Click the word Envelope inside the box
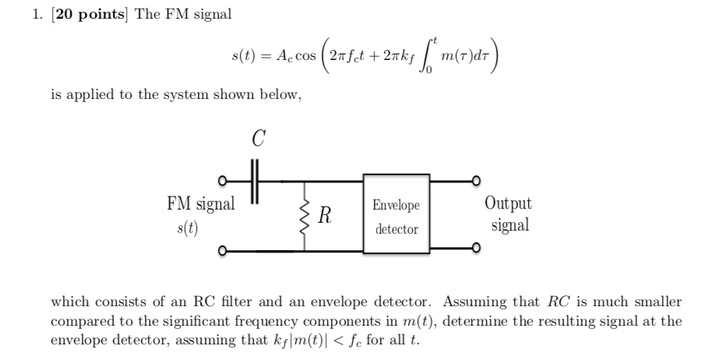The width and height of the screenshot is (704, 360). (x=396, y=206)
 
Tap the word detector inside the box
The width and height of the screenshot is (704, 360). (x=396, y=229)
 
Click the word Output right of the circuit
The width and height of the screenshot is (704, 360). (x=508, y=204)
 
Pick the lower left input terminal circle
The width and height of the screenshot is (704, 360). (x=223, y=252)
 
